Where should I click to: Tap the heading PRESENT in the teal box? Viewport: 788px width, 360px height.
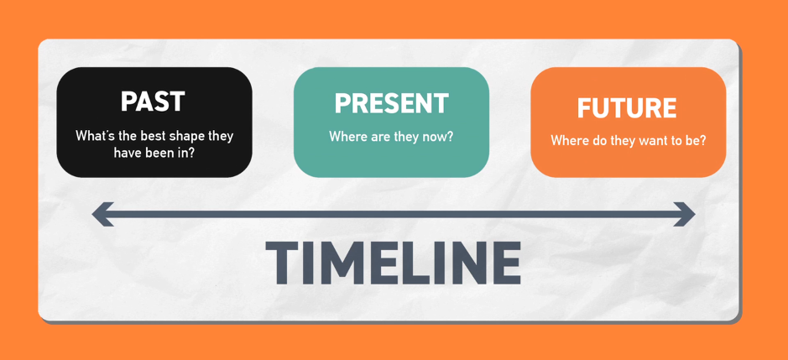392,103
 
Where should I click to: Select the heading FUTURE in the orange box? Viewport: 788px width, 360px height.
627,107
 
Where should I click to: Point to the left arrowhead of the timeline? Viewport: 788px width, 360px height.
102,214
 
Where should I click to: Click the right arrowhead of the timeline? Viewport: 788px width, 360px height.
684,214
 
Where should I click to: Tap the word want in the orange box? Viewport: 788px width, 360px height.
653,140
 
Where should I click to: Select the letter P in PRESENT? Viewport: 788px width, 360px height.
343,103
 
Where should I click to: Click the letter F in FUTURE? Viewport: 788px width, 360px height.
585,107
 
